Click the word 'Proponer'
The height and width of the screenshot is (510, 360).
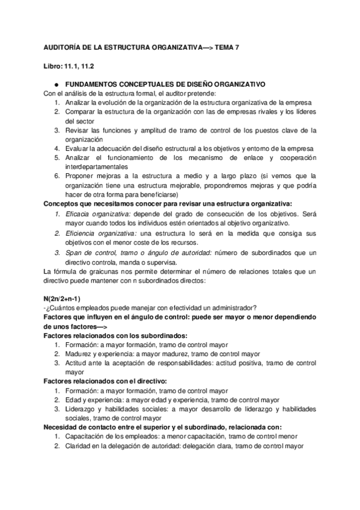click(79, 176)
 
